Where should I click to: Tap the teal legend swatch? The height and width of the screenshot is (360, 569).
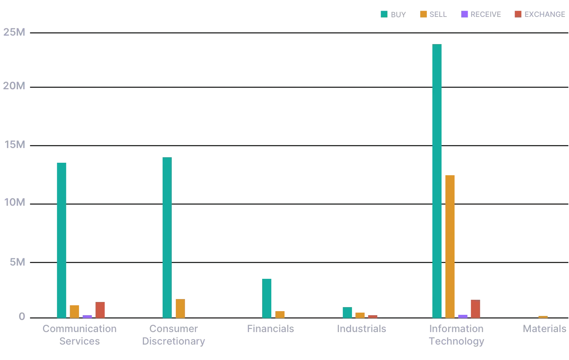pos(383,14)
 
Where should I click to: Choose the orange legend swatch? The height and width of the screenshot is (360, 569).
pos(424,14)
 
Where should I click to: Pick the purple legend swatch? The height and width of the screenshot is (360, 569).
pos(465,14)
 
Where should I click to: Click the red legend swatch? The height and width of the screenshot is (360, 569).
pos(518,14)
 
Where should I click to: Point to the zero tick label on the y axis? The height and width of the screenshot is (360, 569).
pos(22,316)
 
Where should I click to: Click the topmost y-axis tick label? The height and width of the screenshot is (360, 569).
pos(15,33)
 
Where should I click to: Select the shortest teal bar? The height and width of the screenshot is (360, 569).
pos(347,312)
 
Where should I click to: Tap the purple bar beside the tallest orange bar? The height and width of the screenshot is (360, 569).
pos(463,316)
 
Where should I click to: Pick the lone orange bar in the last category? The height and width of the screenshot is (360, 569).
pos(543,316)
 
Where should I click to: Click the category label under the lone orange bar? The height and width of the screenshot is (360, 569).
pos(545,328)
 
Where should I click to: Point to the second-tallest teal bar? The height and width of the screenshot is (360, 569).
pos(167,237)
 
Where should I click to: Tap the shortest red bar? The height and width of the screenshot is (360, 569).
pos(373,316)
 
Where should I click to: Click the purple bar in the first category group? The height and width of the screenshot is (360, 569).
pos(87,316)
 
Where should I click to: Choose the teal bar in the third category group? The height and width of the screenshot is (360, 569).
pos(267,297)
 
